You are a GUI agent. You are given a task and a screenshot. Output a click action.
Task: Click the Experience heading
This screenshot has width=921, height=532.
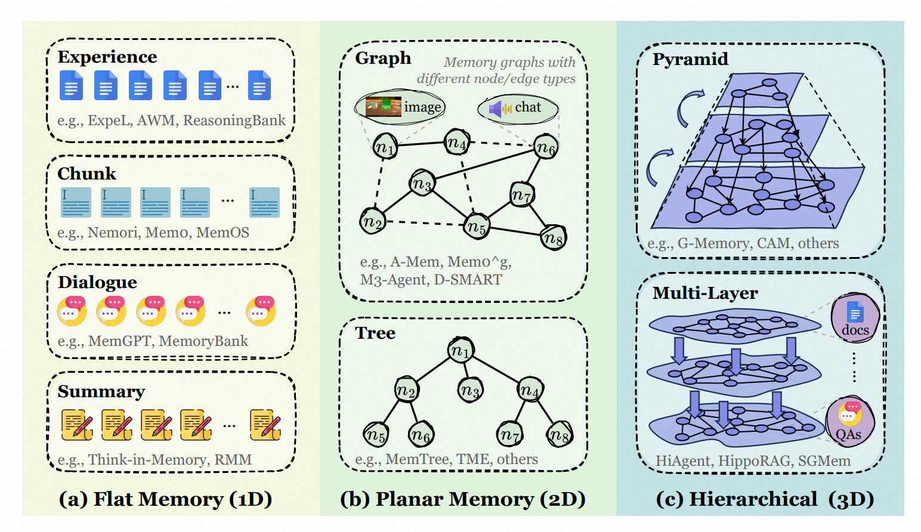click(x=107, y=57)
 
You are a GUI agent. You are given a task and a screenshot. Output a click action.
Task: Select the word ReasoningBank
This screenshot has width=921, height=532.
click(x=234, y=120)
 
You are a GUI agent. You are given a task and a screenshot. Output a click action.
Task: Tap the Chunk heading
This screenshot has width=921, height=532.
click(x=86, y=174)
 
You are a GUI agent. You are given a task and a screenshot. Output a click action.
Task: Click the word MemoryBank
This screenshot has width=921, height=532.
click(x=203, y=341)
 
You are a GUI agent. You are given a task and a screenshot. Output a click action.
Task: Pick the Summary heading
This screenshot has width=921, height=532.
click(x=101, y=391)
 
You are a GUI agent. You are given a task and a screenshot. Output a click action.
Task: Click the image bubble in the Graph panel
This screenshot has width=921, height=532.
click(x=400, y=107)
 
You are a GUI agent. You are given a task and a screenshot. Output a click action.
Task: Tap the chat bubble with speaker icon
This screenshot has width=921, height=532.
click(x=518, y=108)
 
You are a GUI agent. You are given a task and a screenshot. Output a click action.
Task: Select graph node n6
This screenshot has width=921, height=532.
click(x=546, y=147)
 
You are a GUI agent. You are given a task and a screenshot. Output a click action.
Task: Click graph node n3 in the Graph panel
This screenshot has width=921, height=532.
click(x=422, y=184)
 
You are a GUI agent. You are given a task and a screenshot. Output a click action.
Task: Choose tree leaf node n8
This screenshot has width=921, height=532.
click(x=560, y=435)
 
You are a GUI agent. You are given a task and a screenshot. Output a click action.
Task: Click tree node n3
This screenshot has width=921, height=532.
click(x=470, y=391)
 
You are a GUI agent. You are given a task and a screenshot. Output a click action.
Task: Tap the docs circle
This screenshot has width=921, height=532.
click(x=855, y=318)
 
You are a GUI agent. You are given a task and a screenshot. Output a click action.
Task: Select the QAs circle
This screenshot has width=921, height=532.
click(x=849, y=422)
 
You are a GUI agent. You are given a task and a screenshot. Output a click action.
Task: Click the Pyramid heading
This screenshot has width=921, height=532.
click(x=690, y=59)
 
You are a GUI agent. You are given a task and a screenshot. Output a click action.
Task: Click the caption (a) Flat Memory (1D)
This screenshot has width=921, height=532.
click(x=165, y=499)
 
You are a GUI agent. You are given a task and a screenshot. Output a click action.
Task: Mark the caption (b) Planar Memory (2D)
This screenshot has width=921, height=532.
click(x=463, y=499)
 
